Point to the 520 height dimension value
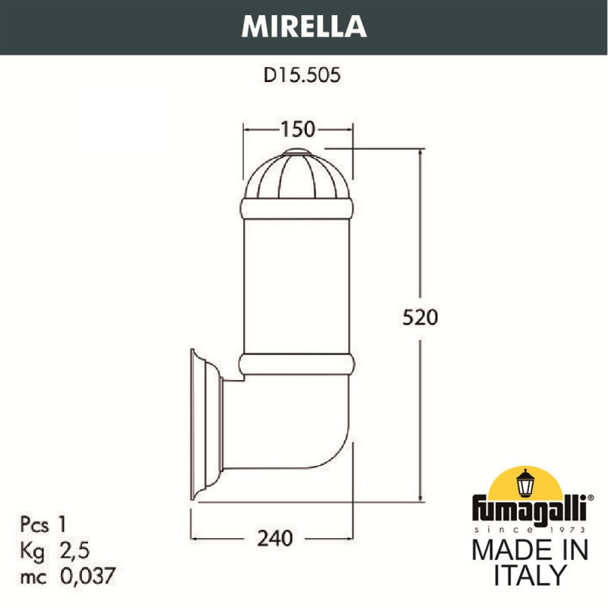[420, 317]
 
